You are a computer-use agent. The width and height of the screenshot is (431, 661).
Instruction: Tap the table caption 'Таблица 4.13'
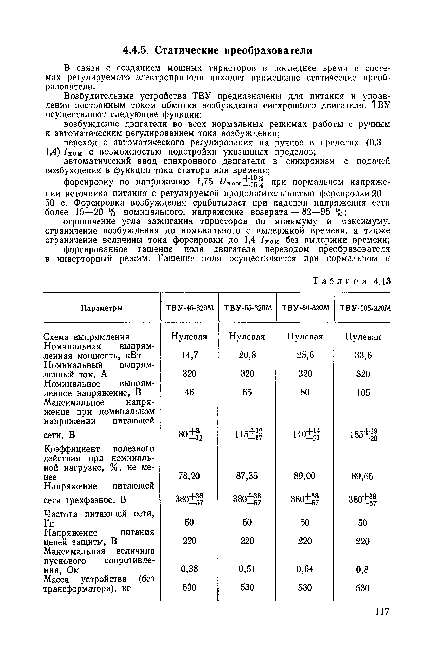352,282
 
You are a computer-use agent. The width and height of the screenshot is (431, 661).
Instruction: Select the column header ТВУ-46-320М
190,308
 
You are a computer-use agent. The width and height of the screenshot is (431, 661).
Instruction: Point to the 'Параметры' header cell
102,308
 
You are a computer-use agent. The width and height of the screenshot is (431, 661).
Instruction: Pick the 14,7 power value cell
189,355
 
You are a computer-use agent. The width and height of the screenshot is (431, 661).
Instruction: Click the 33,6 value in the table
363,356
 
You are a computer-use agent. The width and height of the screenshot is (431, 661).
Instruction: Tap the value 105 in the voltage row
363,393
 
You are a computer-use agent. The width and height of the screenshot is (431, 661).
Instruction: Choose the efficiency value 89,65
363,477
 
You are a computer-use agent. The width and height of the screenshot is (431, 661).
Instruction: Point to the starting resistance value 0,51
247,569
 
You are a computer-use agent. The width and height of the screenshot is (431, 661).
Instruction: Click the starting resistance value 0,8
363,570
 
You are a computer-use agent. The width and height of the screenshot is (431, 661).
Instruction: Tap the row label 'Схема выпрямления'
87,337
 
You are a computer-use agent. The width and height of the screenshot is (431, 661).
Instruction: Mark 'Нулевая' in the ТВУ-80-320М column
305,337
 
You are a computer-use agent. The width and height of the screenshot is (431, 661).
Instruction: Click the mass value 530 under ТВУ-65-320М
247,587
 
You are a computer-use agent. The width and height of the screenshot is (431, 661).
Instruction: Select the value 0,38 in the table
189,569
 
